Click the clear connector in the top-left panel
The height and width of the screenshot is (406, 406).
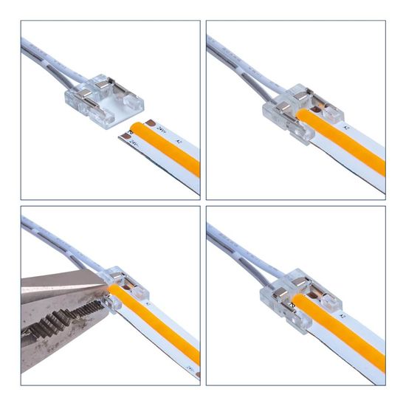pos(111,103)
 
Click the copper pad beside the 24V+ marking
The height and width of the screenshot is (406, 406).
pos(150,123)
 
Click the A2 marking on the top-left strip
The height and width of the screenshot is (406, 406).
pos(179,140)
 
